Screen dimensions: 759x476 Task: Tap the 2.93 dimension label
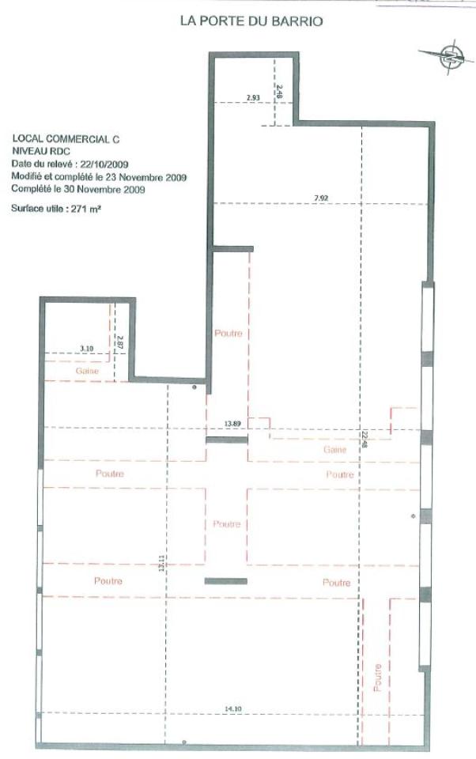(x=253, y=97)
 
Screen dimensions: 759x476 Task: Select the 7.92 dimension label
(x=320, y=197)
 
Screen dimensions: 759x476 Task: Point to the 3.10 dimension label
(x=86, y=348)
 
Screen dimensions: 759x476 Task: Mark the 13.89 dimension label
(x=232, y=424)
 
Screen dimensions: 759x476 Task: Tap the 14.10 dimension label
(x=232, y=708)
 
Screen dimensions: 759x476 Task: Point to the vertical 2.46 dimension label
(x=279, y=92)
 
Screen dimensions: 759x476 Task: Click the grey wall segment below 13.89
(x=227, y=439)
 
